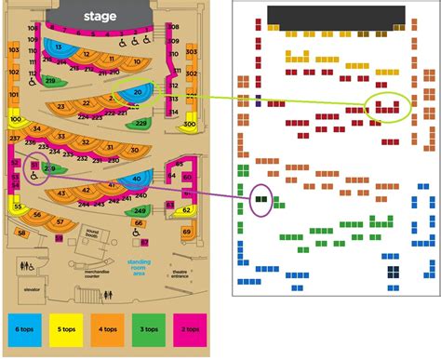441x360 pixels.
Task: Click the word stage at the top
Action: tap(100, 16)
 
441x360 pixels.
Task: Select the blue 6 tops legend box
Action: tap(22, 329)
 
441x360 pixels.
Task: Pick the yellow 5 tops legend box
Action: tap(64, 329)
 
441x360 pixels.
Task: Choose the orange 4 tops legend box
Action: tap(106, 329)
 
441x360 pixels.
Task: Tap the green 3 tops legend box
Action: tap(148, 329)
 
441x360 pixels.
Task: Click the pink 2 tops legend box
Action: tap(190, 329)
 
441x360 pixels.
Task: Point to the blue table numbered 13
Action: tap(60, 47)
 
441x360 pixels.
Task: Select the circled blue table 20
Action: tap(138, 92)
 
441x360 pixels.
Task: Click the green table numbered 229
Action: tap(140, 123)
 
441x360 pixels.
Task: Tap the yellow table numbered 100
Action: tap(16, 120)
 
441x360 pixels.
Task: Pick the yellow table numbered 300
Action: tap(189, 124)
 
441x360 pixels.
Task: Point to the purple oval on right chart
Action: tap(261, 199)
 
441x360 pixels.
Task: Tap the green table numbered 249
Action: tap(141, 211)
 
